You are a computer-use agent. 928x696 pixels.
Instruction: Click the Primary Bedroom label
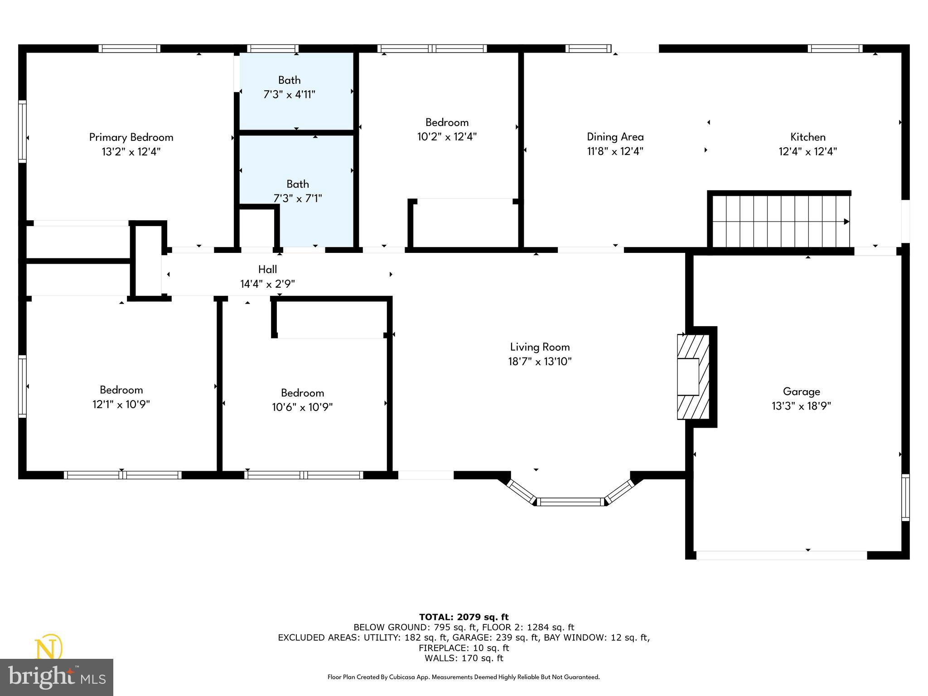coord(131,137)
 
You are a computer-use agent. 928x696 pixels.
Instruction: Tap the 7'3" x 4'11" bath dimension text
coord(289,94)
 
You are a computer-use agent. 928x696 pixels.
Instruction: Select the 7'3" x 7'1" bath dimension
coord(297,198)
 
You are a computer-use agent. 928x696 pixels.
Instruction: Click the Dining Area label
coord(615,136)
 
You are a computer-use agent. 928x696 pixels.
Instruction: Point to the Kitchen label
coord(807,136)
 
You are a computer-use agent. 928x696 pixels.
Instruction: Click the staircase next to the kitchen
coord(779,221)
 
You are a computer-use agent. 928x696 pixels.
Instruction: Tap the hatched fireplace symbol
coord(692,377)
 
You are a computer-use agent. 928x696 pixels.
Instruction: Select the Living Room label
coord(540,347)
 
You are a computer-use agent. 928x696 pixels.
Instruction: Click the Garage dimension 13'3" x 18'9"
coord(801,406)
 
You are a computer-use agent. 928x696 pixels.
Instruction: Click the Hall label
coord(267,269)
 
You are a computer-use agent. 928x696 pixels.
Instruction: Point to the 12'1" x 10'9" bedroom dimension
coord(121,404)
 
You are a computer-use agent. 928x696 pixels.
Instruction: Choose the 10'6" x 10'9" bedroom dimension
coord(302,407)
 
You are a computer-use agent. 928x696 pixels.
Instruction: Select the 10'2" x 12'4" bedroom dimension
coord(447,136)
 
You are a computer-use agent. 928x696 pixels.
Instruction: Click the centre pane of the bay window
coord(570,502)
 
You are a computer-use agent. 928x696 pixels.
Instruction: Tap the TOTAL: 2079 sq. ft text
coord(464,617)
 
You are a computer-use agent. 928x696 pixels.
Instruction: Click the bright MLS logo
coord(56,677)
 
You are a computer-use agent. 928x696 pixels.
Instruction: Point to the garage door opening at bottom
coord(781,555)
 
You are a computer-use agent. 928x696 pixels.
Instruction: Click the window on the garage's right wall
coord(905,497)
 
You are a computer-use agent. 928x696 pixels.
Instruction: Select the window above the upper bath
coord(273,48)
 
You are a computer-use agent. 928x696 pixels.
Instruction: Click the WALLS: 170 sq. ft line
coord(464,658)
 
